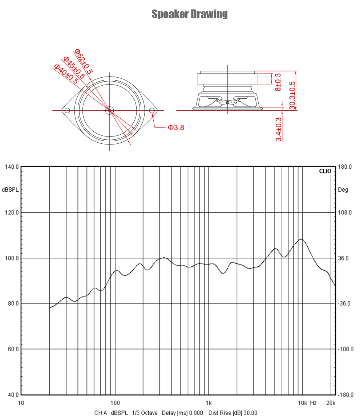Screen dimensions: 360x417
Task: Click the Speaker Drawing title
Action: tap(190, 14)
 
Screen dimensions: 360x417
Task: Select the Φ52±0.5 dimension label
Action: tap(84, 61)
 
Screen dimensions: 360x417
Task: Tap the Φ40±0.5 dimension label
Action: tap(66, 74)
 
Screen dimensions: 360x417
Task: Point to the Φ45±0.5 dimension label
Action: tap(74, 68)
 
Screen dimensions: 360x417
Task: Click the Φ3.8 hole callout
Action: tap(176, 128)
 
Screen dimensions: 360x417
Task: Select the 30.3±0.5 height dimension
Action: tap(292, 95)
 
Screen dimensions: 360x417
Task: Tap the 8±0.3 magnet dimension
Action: tap(278, 82)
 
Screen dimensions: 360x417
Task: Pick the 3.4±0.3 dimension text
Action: tap(279, 129)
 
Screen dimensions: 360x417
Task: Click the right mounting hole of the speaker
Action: tap(152, 110)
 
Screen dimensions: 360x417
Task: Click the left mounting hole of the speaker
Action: tap(67, 110)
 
